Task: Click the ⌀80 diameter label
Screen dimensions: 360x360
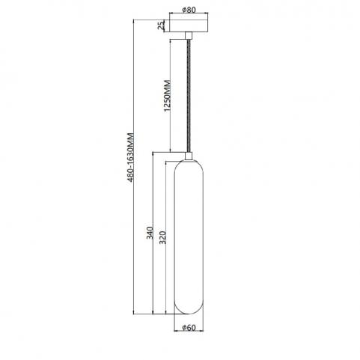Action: click(189, 10)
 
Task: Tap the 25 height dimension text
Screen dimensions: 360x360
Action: click(162, 25)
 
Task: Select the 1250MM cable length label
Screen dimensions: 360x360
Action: click(168, 96)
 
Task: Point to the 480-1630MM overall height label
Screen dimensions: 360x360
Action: click(131, 157)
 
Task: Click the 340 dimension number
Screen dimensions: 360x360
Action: click(150, 233)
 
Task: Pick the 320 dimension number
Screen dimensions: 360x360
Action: click(162, 237)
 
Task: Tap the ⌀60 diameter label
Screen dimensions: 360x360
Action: click(189, 328)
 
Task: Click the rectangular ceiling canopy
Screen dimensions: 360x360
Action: click(189, 25)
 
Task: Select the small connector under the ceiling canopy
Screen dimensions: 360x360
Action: click(189, 36)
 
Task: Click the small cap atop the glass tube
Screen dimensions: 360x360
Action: click(189, 156)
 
